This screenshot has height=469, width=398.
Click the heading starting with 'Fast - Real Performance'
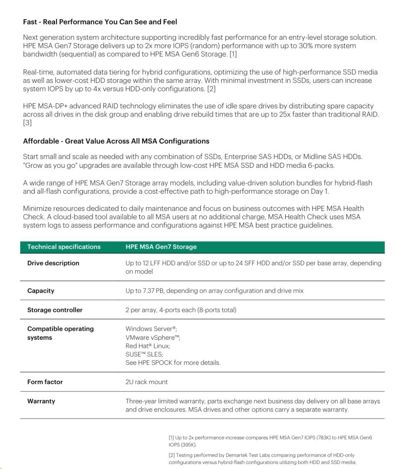pyautogui.click(x=100, y=21)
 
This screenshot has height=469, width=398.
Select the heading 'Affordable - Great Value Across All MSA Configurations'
pyautogui.click(x=116, y=141)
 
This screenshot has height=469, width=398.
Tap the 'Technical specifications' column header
pyautogui.click(x=64, y=247)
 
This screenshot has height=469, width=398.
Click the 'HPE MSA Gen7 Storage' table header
pyautogui.click(x=161, y=247)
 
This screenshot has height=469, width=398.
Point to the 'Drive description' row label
pyautogui.click(x=53, y=263)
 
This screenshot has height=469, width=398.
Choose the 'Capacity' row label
pyautogui.click(x=41, y=291)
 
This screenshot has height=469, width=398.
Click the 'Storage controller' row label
pyautogui.click(x=55, y=310)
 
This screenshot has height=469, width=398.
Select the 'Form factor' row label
pyautogui.click(x=45, y=382)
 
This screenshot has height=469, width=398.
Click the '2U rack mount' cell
pyautogui.click(x=146, y=382)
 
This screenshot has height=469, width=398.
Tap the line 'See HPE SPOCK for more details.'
pyautogui.click(x=173, y=363)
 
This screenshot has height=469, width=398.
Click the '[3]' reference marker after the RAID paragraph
pyautogui.click(x=27, y=123)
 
